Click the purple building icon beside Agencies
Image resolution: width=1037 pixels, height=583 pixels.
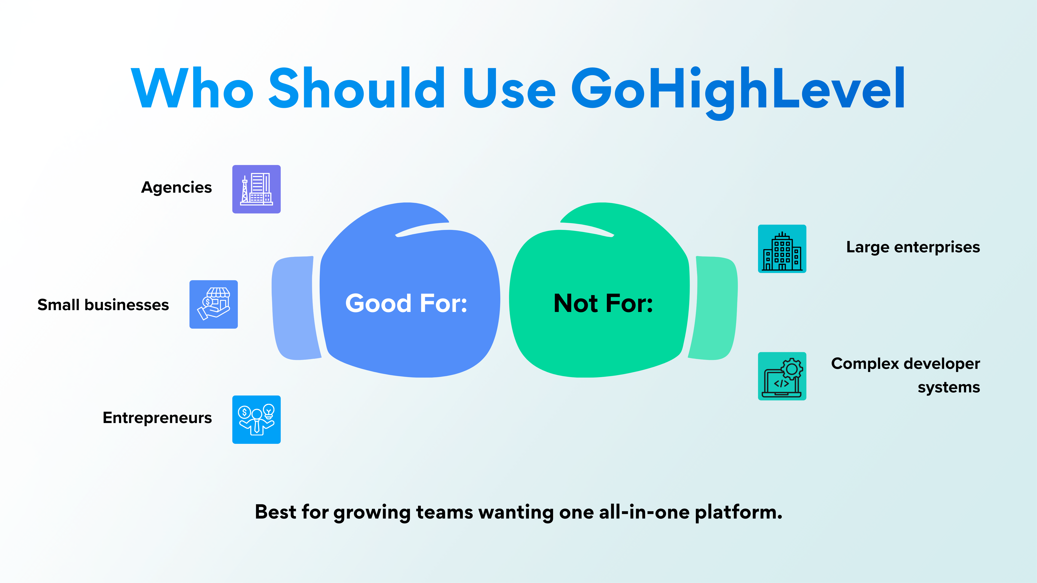pyautogui.click(x=256, y=189)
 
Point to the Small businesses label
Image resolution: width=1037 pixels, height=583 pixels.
pyautogui.click(x=103, y=305)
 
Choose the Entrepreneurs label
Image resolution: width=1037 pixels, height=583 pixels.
pyautogui.click(x=157, y=418)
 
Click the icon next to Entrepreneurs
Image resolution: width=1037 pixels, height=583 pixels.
pyautogui.click(x=256, y=420)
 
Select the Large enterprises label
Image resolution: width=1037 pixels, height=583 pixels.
pyautogui.click(x=913, y=247)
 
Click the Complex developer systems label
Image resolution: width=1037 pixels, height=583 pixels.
pyautogui.click(x=906, y=375)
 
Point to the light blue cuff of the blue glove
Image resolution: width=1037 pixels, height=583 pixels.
pyautogui.click(x=294, y=308)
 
